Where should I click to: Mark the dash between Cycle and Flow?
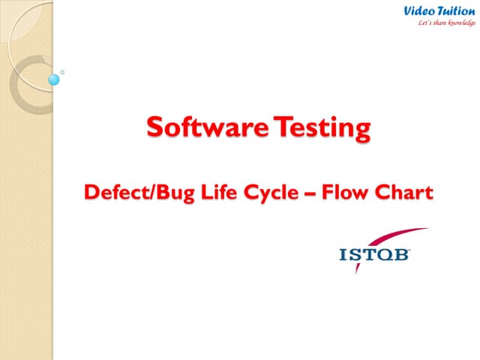coord(308,193)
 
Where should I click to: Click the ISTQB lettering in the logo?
coord(374,256)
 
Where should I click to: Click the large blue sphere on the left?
coord(54,79)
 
